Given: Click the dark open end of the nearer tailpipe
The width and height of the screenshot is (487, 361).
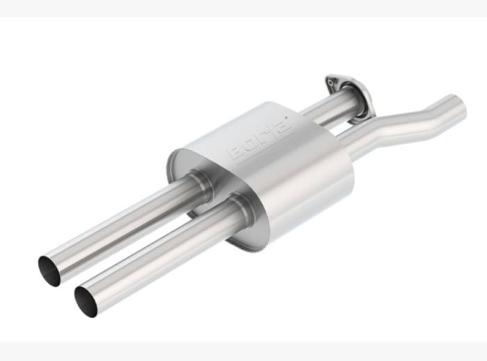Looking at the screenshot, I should tap(86, 301).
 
